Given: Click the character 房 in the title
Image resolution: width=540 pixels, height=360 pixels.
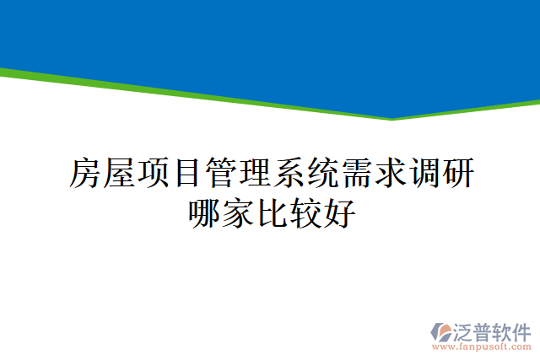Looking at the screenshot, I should [x=84, y=173].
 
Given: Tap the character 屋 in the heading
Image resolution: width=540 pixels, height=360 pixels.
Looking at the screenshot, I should [x=118, y=173].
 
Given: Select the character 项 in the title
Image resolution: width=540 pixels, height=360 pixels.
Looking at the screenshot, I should [x=152, y=173].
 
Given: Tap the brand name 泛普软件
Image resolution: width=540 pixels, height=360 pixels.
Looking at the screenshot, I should [x=494, y=330].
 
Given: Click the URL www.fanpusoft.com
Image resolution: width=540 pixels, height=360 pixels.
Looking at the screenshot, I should [x=483, y=347].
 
